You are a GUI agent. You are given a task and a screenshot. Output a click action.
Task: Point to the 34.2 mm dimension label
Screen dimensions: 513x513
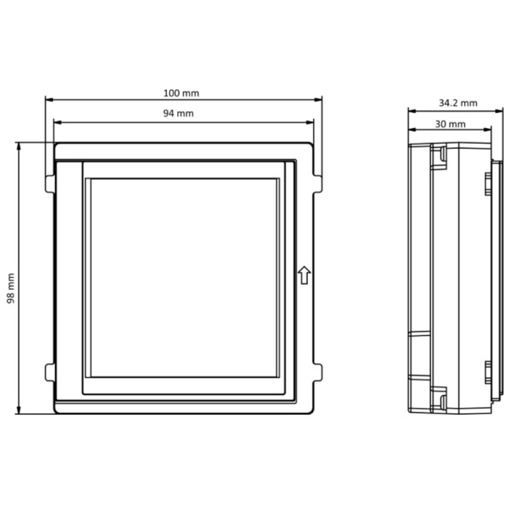click(457, 103)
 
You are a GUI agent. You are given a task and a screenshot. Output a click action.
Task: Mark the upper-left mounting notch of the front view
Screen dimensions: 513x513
click(49, 181)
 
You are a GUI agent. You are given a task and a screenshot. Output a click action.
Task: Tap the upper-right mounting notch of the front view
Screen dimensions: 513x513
click(318, 181)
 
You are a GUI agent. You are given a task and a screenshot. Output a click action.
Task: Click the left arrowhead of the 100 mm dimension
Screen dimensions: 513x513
click(48, 99)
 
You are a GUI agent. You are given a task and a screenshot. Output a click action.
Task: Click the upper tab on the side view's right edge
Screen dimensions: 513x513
click(487, 182)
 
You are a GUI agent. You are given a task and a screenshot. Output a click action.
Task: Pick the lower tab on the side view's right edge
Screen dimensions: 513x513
click(487, 373)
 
